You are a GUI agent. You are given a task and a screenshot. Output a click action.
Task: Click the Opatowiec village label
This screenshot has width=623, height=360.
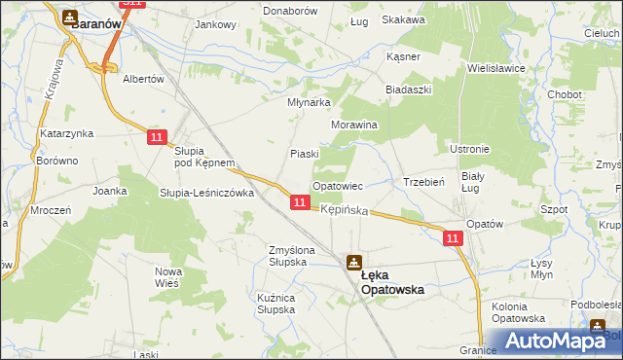[337, 185]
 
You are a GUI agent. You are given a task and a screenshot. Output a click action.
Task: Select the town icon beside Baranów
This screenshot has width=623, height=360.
[69, 17]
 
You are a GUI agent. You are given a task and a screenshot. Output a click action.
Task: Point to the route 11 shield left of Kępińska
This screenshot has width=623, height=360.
[300, 202]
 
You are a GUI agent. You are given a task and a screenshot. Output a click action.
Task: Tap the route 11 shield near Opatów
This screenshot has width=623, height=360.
[453, 237]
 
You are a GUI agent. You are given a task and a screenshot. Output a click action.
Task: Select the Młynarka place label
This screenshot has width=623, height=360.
[311, 102]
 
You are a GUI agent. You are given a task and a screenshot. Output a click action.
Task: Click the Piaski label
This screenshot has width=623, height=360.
[305, 154]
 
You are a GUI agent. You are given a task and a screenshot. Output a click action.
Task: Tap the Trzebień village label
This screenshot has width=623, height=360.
[423, 182]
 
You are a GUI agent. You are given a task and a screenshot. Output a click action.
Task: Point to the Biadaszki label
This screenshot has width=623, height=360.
[408, 89]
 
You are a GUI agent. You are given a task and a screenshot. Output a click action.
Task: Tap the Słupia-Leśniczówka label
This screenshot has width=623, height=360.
[206, 193]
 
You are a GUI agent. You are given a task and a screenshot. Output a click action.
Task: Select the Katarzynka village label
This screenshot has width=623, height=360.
[65, 132]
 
